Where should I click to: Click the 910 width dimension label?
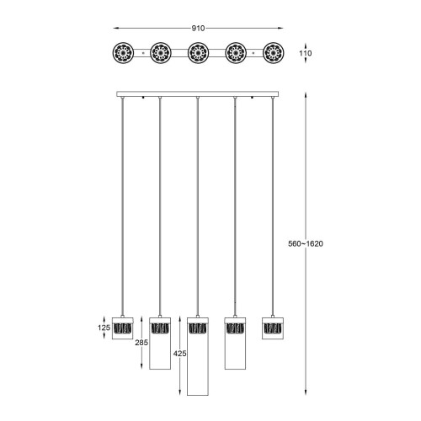click(198, 29)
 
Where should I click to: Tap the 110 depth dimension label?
click(306, 53)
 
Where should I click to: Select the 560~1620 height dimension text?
click(306, 243)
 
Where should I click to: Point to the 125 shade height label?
click(104, 328)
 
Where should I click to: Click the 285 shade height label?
click(141, 343)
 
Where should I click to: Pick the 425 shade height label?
click(179, 354)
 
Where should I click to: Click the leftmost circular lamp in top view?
click(123, 53)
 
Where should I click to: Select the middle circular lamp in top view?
click(198, 53)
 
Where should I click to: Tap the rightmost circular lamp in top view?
click(273, 53)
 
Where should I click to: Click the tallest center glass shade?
click(198, 356)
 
